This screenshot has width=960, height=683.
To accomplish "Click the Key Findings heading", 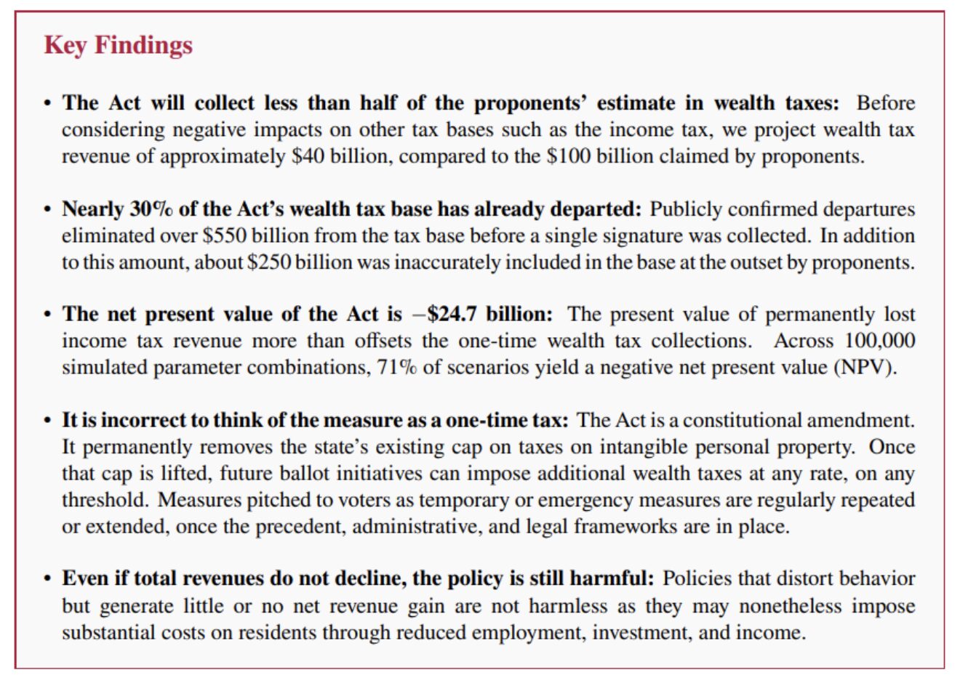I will click(118, 45).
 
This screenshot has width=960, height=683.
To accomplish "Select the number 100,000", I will click(880, 341).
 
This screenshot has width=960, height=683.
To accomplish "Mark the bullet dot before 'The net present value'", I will click(47, 315).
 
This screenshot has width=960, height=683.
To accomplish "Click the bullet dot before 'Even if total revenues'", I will click(47, 579).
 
